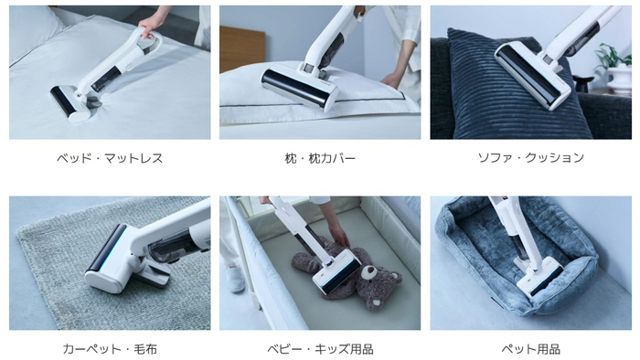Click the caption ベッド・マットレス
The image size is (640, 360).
(x=110, y=158)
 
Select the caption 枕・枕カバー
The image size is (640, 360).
(x=320, y=158)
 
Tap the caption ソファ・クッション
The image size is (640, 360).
(x=530, y=158)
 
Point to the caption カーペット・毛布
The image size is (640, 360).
(x=110, y=349)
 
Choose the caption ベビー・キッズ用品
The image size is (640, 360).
(x=320, y=349)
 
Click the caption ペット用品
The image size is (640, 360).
(x=530, y=349)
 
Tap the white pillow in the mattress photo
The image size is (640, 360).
(x=32, y=32)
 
